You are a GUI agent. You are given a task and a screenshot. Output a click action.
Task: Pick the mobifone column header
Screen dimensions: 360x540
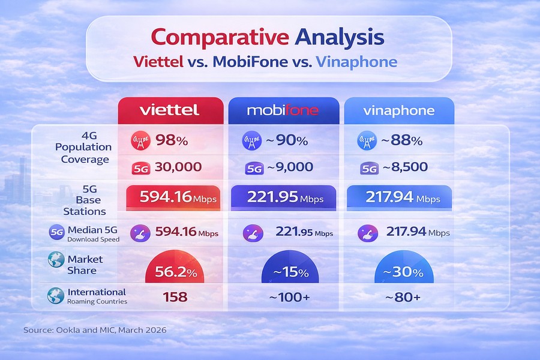point(283,110)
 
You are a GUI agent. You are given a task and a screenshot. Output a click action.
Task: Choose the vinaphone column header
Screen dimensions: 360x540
point(398,110)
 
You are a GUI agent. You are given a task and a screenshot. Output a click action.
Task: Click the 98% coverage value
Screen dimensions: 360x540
point(172,142)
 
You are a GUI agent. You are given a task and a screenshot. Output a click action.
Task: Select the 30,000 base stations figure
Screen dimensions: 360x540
point(178,167)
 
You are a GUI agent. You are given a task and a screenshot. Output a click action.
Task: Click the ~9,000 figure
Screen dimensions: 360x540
point(289,167)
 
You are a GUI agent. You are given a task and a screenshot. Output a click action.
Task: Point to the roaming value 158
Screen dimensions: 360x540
point(174,296)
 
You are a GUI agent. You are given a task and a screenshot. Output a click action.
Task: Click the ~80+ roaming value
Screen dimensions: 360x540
point(403,296)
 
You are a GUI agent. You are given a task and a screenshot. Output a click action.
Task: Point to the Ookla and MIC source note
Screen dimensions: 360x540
point(95,331)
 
